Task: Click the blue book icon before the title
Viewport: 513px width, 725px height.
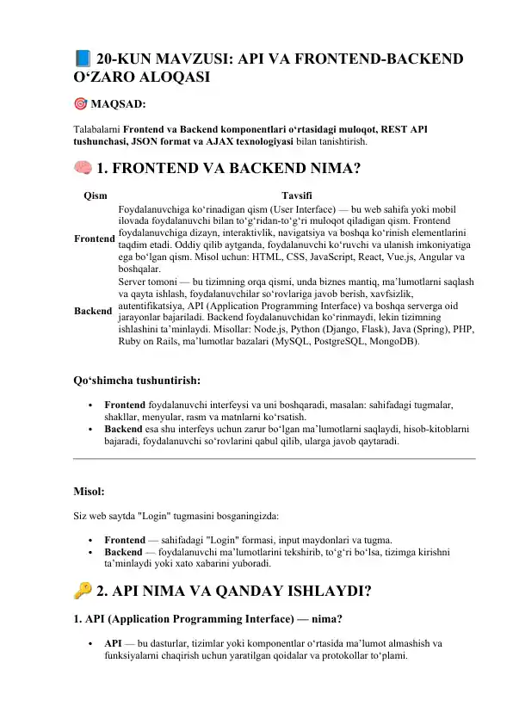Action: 82,59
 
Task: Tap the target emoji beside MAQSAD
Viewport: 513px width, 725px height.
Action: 79,105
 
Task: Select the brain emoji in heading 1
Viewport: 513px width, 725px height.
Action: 83,167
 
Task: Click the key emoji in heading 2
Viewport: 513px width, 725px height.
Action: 83,591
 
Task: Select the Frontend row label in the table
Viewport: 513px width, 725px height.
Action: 94,238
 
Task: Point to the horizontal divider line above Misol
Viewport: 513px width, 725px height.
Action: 274,459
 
